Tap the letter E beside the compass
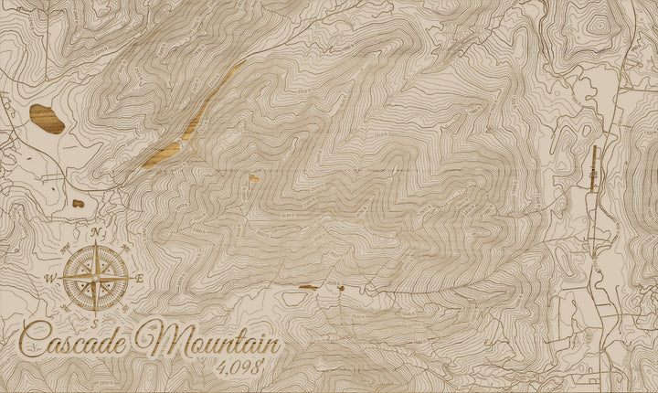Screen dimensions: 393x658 (139, 279)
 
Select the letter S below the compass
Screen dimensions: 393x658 (94, 322)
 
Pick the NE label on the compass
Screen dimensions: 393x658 (125, 248)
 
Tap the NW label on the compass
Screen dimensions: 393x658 (66, 247)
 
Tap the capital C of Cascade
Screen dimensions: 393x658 (33, 342)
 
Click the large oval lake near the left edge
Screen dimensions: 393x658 (47, 119)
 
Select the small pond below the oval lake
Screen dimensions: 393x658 (79, 203)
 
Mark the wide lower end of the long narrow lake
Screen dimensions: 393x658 (160, 157)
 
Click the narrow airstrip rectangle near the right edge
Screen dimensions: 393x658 (595, 167)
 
